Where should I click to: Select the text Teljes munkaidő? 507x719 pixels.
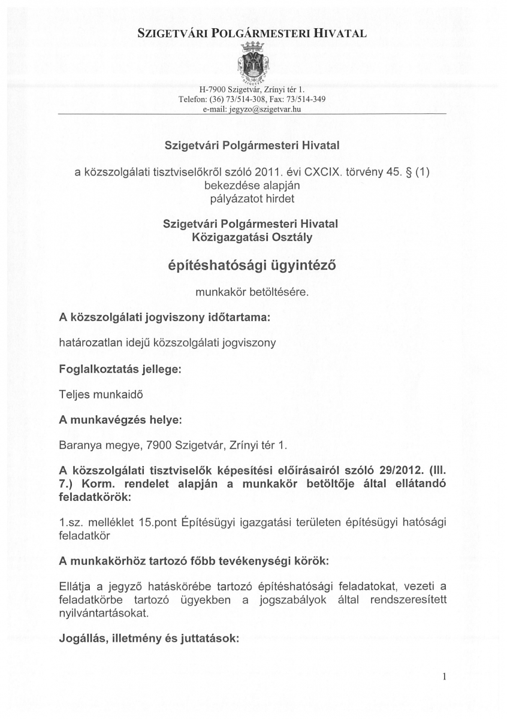click(101, 395)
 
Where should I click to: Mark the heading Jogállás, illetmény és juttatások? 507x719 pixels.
click(149, 639)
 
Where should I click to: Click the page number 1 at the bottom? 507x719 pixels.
click(444, 678)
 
